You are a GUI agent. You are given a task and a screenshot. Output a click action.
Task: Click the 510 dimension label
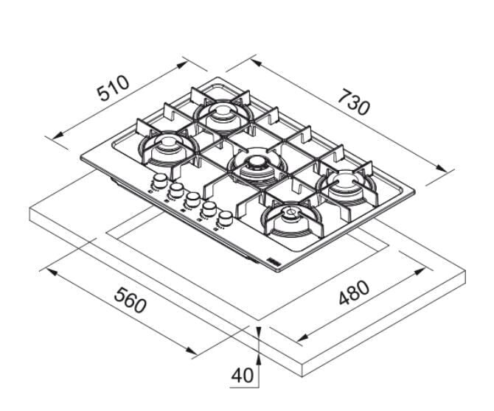113,88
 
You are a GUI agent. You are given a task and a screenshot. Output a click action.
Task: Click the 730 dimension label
353,102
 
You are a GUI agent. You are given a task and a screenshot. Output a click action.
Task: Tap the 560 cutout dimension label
130,301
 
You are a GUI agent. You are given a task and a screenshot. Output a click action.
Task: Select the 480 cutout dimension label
354,292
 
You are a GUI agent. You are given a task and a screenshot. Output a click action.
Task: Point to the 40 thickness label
242,375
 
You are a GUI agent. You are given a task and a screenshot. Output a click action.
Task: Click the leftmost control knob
160,180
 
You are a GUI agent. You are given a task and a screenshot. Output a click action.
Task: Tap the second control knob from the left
176,189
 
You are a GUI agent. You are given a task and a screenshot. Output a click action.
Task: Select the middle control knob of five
192,199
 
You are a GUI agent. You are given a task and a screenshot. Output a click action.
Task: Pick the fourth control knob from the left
209,208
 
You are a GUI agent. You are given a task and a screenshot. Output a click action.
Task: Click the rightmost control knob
226,217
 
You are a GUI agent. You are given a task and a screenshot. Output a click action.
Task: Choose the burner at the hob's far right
347,185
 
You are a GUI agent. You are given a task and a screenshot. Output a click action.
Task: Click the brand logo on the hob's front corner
272,261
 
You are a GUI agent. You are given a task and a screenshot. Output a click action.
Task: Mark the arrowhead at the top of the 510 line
182,65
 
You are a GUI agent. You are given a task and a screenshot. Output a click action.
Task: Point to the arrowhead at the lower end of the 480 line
302,337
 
